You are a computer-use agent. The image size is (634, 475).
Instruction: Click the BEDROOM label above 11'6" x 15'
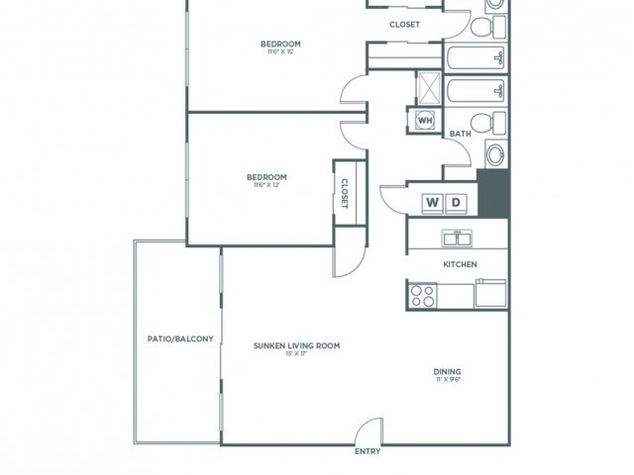coord(280,44)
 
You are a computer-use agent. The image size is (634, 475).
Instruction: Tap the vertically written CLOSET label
coord(344,192)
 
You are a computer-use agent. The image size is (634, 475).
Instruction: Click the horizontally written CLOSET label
coord(403,25)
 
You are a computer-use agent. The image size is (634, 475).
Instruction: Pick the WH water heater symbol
coord(425,121)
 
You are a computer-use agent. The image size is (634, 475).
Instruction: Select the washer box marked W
coord(433,202)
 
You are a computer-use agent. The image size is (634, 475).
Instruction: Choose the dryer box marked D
coord(456,202)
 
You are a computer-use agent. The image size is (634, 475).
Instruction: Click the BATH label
coord(460,134)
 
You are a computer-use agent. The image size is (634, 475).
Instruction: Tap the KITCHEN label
coord(460,264)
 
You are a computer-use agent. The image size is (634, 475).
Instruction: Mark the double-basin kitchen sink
coord(457,238)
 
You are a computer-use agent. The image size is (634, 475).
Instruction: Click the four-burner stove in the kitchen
coord(423,294)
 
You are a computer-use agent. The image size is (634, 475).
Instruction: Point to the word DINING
coord(447,372)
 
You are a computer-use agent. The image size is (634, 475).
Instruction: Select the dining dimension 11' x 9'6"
coord(447,381)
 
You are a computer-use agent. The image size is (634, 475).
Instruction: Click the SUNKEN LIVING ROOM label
coord(296,345)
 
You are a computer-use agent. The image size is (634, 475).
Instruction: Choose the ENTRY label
coord(368,452)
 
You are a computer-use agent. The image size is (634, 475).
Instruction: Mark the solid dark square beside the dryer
coord(492,193)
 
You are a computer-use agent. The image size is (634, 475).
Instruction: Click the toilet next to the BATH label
coord(482,123)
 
